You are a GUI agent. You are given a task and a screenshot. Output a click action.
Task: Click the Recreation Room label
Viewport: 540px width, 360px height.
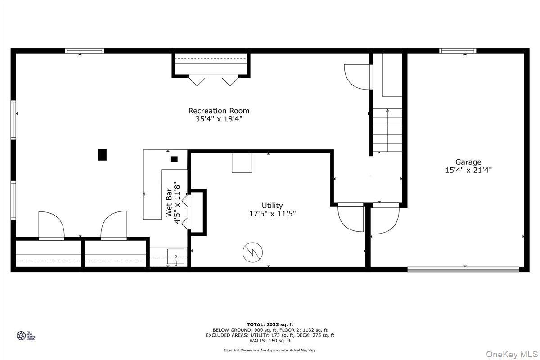219,111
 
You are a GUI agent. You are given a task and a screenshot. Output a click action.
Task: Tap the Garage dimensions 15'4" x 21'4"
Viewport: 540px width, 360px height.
468,170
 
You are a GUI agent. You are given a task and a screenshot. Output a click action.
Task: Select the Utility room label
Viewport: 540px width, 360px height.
273,206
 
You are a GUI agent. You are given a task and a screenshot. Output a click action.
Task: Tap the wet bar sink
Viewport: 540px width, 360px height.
175,257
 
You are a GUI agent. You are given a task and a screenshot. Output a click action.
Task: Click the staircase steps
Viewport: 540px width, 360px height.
387,130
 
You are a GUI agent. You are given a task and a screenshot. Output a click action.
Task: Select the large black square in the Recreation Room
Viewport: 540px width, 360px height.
103,155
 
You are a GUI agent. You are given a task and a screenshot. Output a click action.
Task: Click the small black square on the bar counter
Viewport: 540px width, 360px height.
174,158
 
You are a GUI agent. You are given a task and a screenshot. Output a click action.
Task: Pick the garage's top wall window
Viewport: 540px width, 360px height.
458,51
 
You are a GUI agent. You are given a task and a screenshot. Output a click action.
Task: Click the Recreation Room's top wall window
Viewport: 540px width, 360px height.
85,51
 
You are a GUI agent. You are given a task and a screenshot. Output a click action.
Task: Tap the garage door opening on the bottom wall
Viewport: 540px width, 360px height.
463,270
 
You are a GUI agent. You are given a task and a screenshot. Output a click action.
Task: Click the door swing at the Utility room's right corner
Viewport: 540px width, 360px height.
351,219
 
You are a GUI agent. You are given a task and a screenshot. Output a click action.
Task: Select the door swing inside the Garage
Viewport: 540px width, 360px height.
385,220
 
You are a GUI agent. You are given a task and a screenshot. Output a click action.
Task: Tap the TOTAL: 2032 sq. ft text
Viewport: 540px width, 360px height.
270,324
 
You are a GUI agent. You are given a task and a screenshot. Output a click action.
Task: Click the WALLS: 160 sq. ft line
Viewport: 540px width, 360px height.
270,341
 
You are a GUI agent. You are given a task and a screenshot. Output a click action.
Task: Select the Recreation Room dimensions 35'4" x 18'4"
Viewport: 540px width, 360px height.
219,119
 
